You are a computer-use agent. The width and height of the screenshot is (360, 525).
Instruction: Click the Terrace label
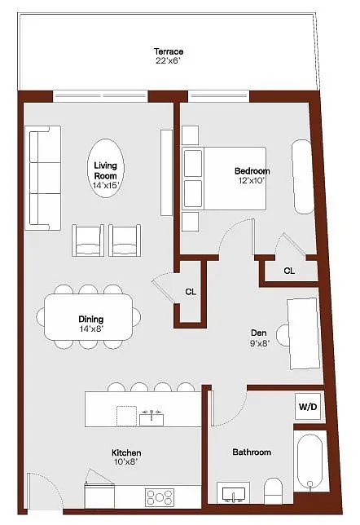169,51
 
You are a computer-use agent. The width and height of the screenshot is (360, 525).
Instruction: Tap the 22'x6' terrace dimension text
168,61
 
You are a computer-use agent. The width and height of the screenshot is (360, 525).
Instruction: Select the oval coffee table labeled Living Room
106,169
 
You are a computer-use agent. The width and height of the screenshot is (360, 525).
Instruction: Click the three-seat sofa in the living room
43,178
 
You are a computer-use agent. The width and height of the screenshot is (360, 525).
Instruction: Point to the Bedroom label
252,170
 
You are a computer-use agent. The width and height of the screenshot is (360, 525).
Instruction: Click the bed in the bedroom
224,179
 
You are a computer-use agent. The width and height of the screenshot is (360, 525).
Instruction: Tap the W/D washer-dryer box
308,407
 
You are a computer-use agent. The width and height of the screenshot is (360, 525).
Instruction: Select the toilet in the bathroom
273,491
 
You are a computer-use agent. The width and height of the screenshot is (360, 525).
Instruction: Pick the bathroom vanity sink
233,493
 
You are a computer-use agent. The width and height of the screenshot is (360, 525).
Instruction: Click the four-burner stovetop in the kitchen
160,497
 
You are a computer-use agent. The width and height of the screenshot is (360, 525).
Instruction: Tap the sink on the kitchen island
151,419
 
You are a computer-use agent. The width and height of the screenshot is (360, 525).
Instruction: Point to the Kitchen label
126,452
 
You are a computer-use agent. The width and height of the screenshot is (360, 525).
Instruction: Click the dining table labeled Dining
88,317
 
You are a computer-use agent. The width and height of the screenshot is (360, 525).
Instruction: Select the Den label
259,333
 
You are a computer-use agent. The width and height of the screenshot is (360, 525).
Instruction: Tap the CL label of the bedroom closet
289,271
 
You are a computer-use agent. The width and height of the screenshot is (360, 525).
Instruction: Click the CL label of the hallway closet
191,292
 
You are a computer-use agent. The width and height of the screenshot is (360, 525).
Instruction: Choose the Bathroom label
252,452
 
